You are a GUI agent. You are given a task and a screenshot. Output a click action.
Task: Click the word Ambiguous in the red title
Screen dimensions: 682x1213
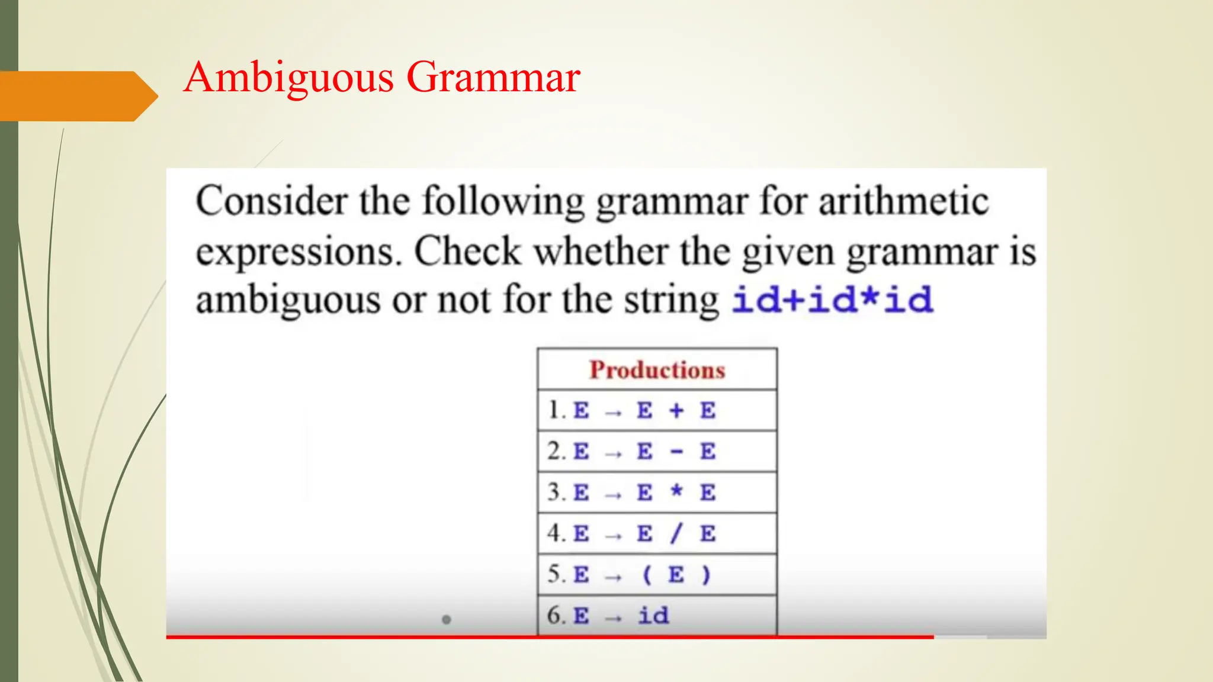point(288,78)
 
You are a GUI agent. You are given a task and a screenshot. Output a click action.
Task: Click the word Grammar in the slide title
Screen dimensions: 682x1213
point(493,78)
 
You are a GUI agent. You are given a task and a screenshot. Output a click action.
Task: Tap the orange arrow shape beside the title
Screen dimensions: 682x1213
point(77,96)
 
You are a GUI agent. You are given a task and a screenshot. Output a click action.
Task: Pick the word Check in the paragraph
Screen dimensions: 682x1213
point(467,252)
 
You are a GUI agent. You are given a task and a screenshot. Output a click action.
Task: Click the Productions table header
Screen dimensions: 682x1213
point(657,369)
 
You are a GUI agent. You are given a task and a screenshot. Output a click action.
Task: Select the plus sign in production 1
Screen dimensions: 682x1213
point(676,410)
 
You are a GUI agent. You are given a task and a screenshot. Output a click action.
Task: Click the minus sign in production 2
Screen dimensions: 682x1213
point(676,452)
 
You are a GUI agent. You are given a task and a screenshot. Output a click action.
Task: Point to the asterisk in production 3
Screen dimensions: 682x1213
point(676,491)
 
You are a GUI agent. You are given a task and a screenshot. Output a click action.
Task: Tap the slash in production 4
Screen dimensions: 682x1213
point(676,533)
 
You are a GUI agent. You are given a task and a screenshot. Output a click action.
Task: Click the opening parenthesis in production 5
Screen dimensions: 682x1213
point(646,575)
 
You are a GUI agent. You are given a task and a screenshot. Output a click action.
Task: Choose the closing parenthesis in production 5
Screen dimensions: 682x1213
point(705,575)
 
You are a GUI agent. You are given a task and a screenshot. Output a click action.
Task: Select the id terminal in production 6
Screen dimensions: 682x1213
point(653,616)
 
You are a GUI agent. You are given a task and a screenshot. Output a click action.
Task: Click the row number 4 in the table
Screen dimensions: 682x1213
point(554,533)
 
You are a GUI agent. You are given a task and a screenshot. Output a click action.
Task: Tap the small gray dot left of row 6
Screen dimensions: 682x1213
point(447,620)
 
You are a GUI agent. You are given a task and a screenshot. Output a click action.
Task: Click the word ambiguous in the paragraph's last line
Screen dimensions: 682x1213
point(288,300)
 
